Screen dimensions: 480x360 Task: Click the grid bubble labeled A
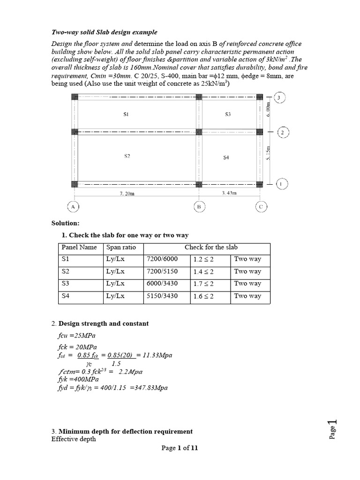tap(74, 206)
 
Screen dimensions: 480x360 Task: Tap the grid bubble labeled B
tap(199, 206)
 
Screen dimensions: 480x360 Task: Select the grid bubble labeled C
tap(261, 206)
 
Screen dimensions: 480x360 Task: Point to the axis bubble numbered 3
tap(280, 98)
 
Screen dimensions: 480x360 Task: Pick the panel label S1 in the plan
tap(126, 114)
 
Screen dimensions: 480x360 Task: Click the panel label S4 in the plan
tap(226, 157)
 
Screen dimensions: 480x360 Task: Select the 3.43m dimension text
tap(229, 193)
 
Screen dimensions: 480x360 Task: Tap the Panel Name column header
tap(79, 247)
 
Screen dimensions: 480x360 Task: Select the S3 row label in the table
tap(65, 284)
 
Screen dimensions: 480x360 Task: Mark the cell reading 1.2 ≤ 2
tap(203, 259)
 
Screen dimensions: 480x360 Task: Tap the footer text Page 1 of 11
tap(180, 448)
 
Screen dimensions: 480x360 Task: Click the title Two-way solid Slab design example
tap(104, 32)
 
